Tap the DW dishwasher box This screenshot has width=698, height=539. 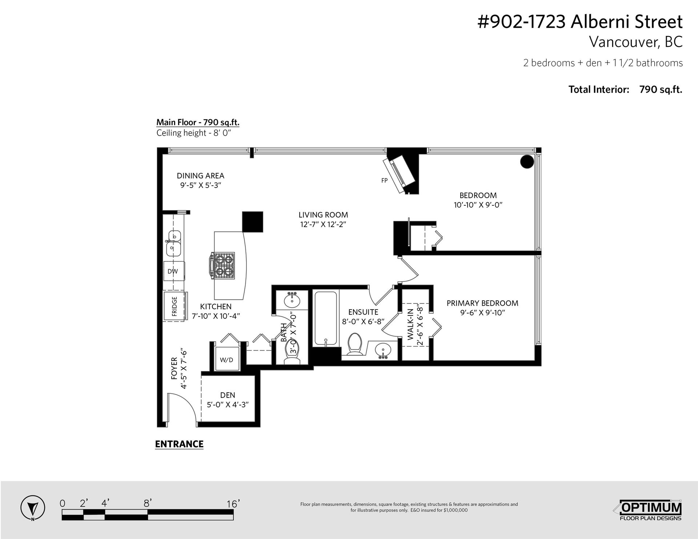point(173,271)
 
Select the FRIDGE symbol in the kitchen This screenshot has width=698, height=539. point(175,306)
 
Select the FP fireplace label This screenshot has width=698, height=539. point(384,180)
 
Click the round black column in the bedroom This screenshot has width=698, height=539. point(527,161)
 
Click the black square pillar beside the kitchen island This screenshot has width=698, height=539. point(253,222)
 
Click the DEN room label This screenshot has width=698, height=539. point(228,395)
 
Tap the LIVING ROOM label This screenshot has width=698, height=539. point(323,215)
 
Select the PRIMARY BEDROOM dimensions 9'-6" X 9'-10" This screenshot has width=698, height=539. point(482,313)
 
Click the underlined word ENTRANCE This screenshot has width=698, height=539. point(179,444)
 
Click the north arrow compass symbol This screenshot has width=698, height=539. point(33,507)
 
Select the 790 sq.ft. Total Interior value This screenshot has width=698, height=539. point(661,89)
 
